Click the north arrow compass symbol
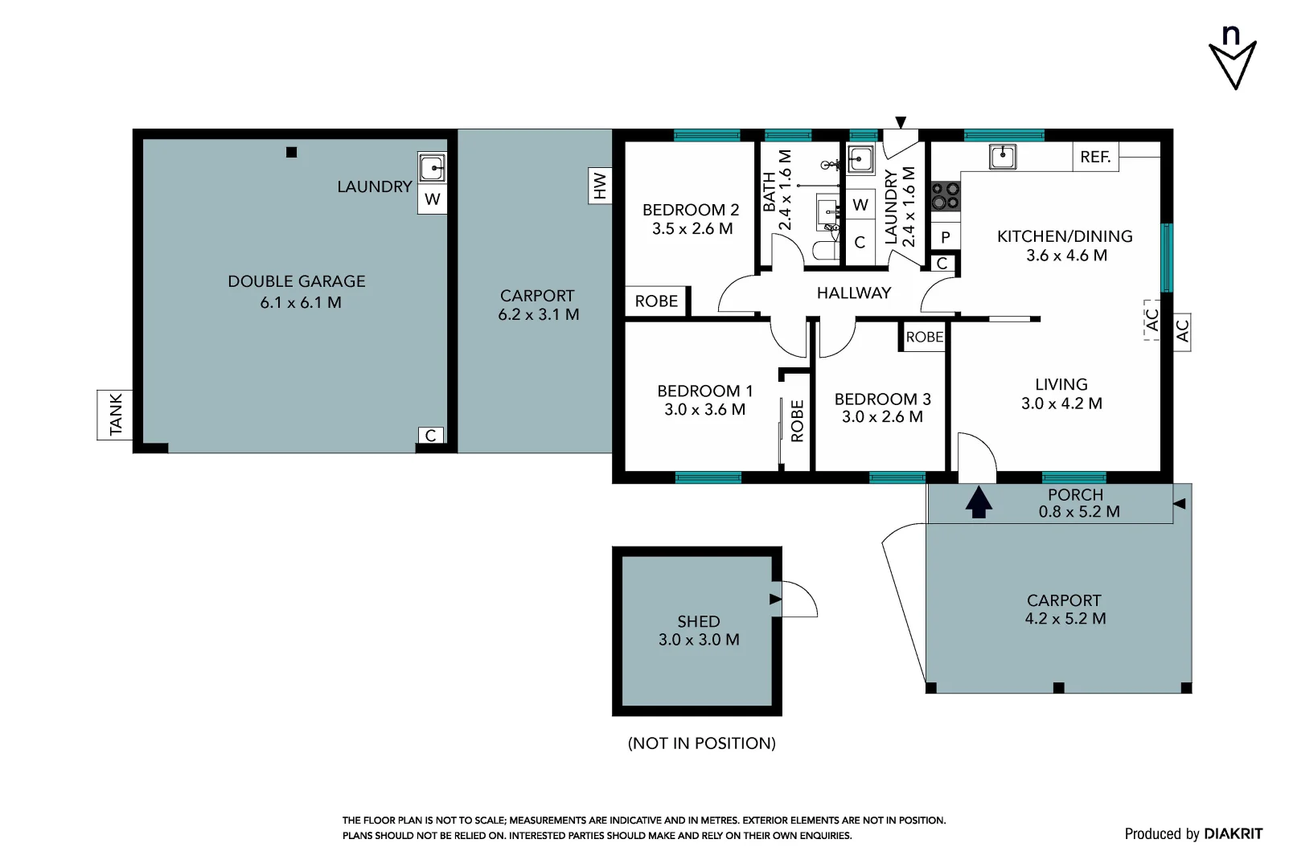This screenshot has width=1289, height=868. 1232,61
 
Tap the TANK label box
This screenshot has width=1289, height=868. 115,414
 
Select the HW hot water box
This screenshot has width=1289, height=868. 600,186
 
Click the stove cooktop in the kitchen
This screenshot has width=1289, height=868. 945,194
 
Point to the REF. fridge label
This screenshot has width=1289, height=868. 1095,157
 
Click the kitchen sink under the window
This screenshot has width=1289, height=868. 1002,156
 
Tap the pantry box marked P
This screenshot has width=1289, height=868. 946,236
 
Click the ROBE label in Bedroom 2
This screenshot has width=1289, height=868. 656,301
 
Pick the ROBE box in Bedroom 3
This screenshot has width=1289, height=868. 924,337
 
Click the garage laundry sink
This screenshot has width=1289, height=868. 432,168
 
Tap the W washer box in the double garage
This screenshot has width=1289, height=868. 432,199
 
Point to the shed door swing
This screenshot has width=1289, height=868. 798,599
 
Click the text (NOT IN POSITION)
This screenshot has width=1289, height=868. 701,743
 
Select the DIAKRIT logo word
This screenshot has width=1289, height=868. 1233,833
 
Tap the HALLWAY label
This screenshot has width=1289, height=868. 853,293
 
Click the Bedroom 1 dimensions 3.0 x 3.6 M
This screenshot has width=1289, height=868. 704,409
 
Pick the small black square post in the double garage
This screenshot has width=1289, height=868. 292,152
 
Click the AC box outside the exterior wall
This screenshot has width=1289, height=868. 1182,331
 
